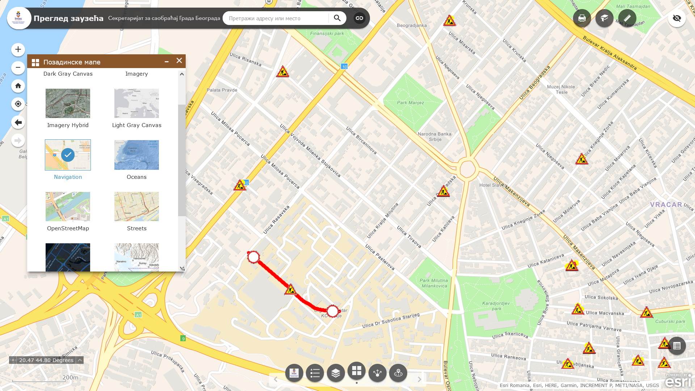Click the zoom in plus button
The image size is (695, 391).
pyautogui.click(x=18, y=50)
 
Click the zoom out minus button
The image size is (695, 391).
pyautogui.click(x=18, y=68)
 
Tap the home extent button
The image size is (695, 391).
pyautogui.click(x=18, y=86)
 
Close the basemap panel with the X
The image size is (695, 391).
pyautogui.click(x=179, y=61)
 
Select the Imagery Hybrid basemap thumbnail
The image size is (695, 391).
pyautogui.click(x=68, y=104)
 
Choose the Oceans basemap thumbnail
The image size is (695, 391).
pyautogui.click(x=136, y=155)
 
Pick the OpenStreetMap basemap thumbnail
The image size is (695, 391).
pyautogui.click(x=68, y=207)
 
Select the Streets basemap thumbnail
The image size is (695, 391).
pyautogui.click(x=136, y=207)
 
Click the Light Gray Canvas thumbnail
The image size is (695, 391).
pyautogui.click(x=136, y=104)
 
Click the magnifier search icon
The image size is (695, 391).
pyautogui.click(x=337, y=18)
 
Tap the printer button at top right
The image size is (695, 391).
pyautogui.click(x=582, y=18)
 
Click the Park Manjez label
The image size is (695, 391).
pyautogui.click(x=410, y=103)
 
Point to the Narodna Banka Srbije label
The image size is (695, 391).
pyautogui.click(x=434, y=136)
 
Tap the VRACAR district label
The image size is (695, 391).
pyautogui.click(x=666, y=205)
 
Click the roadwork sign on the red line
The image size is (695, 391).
pyautogui.click(x=290, y=290)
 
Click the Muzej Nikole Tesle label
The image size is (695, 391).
pyautogui.click(x=561, y=89)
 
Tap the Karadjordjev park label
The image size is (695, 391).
pyautogui.click(x=496, y=306)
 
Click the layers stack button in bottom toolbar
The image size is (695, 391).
pyautogui.click(x=336, y=373)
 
